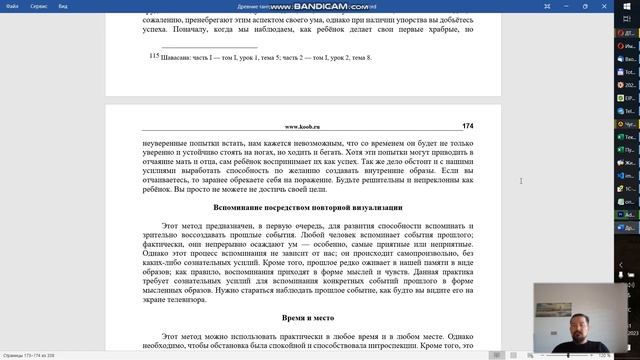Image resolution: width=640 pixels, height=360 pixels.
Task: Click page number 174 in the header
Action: pos(468,127)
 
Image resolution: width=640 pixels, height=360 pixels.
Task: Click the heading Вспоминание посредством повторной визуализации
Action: pos(309,206)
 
